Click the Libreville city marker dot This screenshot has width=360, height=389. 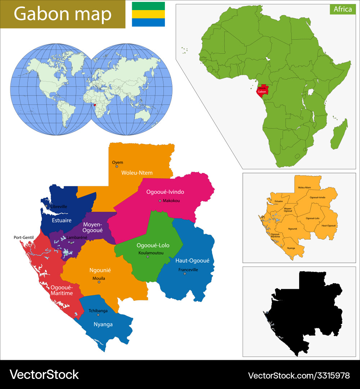coord(46,206)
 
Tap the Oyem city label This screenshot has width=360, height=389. coord(117,162)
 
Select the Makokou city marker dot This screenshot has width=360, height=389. coord(160,201)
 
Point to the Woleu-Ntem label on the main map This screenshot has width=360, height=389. coord(137,173)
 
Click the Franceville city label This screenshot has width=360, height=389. coord(188,270)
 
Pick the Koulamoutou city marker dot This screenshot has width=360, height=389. coord(147,257)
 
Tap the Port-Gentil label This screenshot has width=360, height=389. coord(23,237)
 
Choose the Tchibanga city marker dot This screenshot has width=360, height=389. coord(98,315)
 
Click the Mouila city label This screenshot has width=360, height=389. coord(99,278)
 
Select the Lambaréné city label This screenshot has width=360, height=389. coord(77,238)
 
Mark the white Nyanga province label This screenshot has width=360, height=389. coord(104,325)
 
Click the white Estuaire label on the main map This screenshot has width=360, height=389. coord(62,220)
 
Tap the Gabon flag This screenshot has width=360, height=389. coord(148,14)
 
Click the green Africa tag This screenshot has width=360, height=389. coord(342,9)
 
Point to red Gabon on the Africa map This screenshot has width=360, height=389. coord(262,91)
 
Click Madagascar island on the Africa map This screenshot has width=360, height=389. coord(339,134)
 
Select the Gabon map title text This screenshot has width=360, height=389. coord(63,14)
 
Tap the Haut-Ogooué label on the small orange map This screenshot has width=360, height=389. coord(328,225)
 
